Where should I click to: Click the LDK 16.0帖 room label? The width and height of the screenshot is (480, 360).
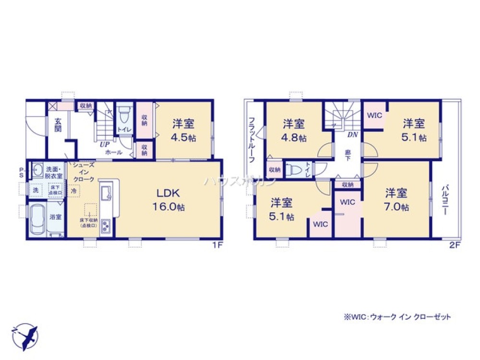click(167, 200)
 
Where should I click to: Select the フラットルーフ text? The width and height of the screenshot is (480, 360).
click(251, 139)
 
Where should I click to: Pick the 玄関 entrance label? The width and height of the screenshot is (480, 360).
click(58, 125)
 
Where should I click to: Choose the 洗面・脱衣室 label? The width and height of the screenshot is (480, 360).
click(54, 172)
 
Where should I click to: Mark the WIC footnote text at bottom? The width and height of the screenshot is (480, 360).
click(397, 317)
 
